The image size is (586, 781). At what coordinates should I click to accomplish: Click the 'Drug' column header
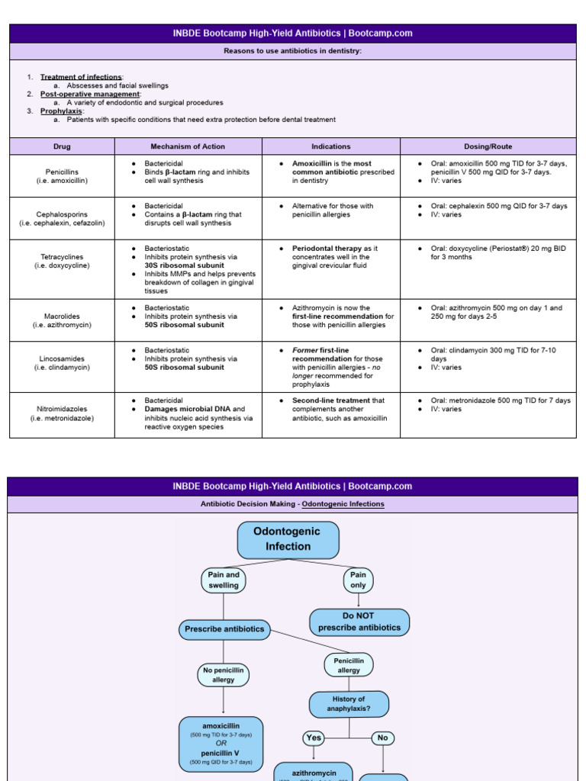click(x=62, y=146)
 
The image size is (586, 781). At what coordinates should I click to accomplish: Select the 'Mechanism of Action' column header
click(x=188, y=146)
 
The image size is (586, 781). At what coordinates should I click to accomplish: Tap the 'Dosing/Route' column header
click(x=488, y=146)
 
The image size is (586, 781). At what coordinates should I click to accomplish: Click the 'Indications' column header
click(x=331, y=146)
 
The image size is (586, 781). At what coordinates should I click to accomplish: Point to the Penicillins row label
click(x=62, y=176)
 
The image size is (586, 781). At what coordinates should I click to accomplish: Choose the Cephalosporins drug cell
click(x=62, y=219)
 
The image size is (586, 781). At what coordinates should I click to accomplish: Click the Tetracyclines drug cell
click(x=62, y=262)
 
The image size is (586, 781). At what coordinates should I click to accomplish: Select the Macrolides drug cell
click(x=62, y=320)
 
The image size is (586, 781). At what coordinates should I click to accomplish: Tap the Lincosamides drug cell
click(x=62, y=363)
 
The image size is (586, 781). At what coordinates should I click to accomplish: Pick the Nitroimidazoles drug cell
click(x=62, y=414)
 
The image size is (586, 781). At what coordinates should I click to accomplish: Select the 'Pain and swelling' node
click(x=224, y=580)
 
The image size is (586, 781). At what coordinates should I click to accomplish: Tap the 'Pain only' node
click(x=358, y=580)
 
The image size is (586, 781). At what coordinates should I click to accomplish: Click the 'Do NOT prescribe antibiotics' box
click(x=359, y=622)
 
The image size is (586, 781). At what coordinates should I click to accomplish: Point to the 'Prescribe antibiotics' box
click(x=224, y=629)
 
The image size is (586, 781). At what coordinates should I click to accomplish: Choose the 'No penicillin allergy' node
click(x=224, y=674)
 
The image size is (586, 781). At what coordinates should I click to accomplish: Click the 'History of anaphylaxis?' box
click(x=349, y=704)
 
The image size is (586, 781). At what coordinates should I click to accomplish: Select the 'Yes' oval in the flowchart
click(x=314, y=738)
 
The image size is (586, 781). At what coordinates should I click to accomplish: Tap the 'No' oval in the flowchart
click(x=382, y=738)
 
